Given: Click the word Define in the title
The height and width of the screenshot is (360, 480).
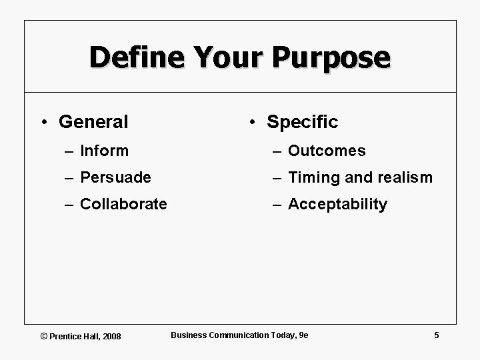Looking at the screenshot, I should coord(134,57).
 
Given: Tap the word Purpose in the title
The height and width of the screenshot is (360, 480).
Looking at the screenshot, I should coord(331,57).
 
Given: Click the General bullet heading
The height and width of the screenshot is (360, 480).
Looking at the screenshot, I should coord(93,122).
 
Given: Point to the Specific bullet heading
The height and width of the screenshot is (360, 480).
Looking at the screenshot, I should coord(302,122).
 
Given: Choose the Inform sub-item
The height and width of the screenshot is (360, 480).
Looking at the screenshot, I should coord(104,151).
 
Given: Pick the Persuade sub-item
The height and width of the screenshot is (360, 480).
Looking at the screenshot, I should coord(115,177).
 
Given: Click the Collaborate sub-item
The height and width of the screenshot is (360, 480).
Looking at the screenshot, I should coord(123,204).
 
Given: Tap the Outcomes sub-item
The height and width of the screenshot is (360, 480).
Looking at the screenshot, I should coord(327,151).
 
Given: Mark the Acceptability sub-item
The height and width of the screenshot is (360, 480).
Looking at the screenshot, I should coord(337,204).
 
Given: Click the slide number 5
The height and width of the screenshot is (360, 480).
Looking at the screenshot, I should coord(436,335).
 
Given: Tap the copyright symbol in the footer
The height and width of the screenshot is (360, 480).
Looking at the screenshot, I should coord(44,336).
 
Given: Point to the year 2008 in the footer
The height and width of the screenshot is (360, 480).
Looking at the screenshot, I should coord(112,336).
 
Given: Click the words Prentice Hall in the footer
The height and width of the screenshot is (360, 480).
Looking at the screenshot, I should coord(75,336).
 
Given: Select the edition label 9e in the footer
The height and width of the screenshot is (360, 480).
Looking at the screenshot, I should coord(303,335).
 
